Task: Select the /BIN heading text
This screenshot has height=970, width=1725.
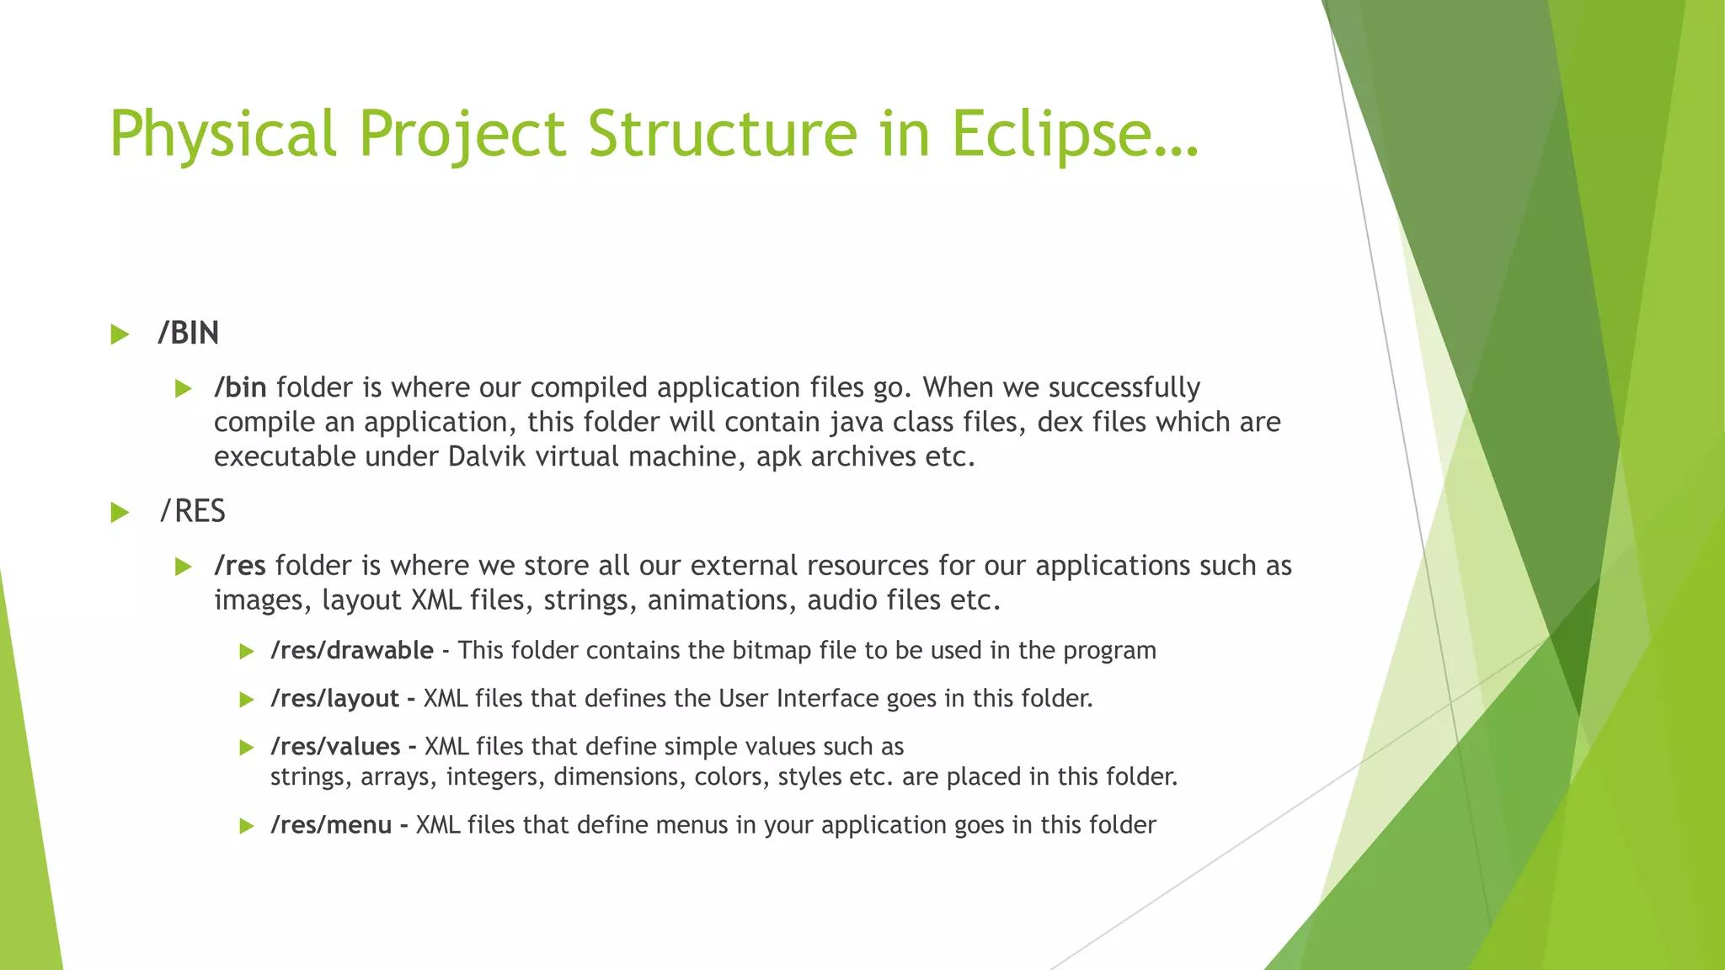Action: (188, 333)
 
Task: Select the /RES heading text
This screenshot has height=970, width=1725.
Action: (193, 511)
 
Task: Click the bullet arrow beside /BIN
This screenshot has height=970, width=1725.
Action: (120, 334)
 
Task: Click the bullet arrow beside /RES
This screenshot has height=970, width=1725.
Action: (120, 512)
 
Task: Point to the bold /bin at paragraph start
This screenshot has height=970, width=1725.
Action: (240, 387)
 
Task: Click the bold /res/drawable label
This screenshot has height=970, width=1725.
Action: (351, 650)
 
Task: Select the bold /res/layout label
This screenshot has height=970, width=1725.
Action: (334, 698)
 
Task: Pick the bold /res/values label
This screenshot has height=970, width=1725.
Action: (335, 746)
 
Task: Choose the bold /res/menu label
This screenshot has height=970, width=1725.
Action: (331, 824)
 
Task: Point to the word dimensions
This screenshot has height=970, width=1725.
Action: (616, 776)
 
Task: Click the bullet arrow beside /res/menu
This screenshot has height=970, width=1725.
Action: (246, 825)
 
